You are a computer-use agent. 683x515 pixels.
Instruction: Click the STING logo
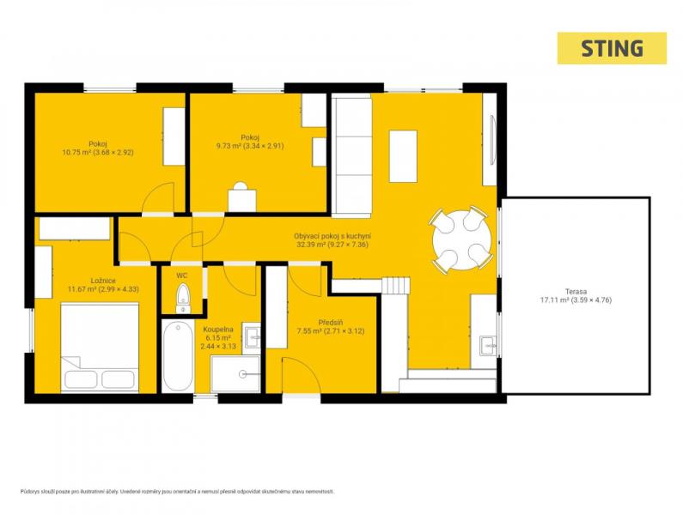[x=612, y=48]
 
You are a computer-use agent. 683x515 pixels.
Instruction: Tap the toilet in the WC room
[x=183, y=298]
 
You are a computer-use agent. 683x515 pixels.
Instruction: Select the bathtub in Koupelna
[x=178, y=356]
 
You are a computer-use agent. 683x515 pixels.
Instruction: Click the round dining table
[x=461, y=239]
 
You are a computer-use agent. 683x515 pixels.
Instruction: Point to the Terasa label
[x=576, y=291]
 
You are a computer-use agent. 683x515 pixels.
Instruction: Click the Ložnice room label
[x=103, y=281]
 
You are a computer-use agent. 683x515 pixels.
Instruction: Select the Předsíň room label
[x=330, y=323]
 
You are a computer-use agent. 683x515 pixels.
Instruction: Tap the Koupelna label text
[x=218, y=330]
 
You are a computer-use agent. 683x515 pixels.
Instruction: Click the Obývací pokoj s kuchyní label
[x=332, y=236]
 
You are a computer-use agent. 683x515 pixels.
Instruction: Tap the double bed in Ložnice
[x=100, y=347]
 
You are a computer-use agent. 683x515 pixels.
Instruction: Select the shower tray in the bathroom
[x=235, y=374]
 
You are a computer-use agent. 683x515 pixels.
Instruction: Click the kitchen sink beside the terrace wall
[x=488, y=346]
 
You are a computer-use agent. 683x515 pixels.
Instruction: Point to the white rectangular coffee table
[x=403, y=156]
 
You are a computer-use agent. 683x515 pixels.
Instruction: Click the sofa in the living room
[x=351, y=156]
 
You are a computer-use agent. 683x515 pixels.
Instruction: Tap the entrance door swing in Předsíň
[x=301, y=375]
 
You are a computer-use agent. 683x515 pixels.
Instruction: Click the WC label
[x=181, y=276]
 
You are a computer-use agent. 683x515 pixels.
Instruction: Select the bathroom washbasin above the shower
[x=252, y=336]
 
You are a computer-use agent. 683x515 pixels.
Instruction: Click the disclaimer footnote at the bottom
[x=177, y=492]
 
